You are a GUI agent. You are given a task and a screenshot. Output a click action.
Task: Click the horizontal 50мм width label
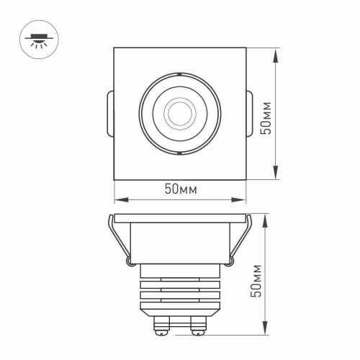pyautogui.click(x=180, y=189)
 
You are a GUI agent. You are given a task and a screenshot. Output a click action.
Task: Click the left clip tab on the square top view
pyautogui.click(x=110, y=114)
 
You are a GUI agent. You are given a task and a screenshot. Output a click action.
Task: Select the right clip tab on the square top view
pyautogui.click(x=248, y=114)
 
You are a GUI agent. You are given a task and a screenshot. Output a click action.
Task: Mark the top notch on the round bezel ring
pyautogui.click(x=176, y=73)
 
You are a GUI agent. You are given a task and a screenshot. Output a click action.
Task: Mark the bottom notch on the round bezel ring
pyautogui.click(x=176, y=153)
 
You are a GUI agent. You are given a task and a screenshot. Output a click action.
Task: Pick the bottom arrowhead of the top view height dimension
pyautogui.click(x=276, y=175)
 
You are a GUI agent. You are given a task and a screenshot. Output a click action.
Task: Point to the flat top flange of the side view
pyautogui.click(x=180, y=218)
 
